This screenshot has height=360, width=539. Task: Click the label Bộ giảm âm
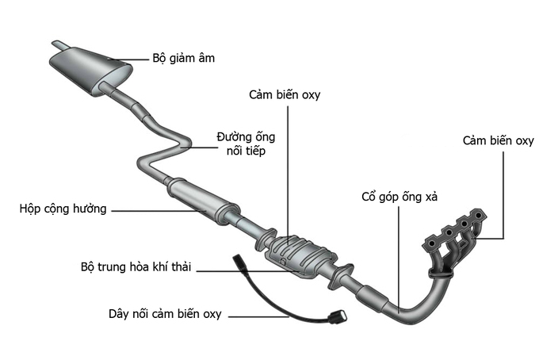pyautogui.click(x=183, y=59)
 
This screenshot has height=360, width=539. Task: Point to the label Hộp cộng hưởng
pyautogui.click(x=63, y=209)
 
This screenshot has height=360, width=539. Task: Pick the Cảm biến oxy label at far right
pyautogui.click(x=499, y=141)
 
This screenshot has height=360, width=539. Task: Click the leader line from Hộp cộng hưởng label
pyautogui.click(x=159, y=210)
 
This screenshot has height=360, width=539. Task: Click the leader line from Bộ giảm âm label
pyautogui.click(x=131, y=59)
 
